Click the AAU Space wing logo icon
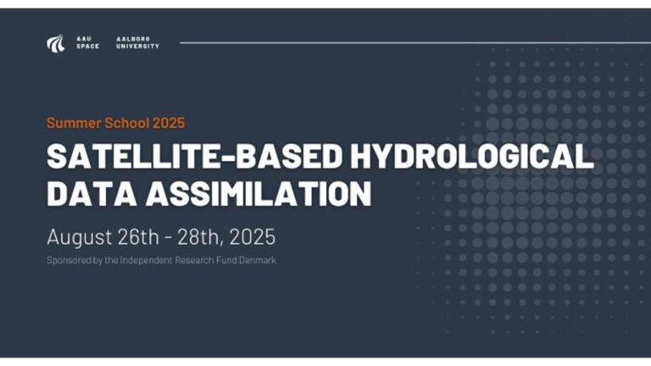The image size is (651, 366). coord(56,43)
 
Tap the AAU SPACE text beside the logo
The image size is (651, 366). coord(87,42)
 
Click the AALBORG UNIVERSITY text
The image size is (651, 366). coord(137,42)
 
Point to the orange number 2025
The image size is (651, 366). coord(169,123)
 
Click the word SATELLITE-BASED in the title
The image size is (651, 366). coord(195,156)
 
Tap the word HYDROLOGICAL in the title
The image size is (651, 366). coord(472,156)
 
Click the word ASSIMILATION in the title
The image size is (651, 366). coord(259,193)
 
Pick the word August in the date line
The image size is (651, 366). coord(80,238)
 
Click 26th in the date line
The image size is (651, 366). coord(138,237)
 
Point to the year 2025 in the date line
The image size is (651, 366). coord(252,237)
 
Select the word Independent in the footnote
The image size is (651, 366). coord(146,261)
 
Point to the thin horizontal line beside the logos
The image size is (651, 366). coord(415,42)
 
